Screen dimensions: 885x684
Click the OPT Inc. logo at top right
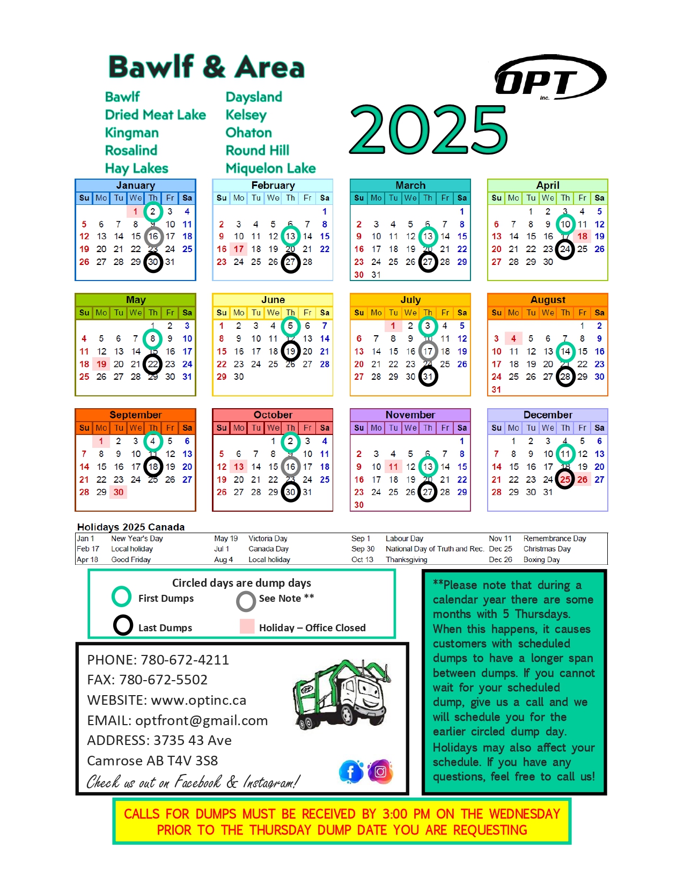click(x=550, y=78)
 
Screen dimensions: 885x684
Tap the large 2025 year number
click(x=428, y=130)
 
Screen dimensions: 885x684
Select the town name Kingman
click(x=132, y=132)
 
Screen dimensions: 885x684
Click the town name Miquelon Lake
click(x=270, y=168)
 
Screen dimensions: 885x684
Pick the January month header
click(x=136, y=185)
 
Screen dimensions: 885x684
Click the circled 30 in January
click(x=153, y=262)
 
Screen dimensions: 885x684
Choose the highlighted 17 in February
click(x=239, y=249)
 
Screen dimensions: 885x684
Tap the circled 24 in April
click(x=565, y=249)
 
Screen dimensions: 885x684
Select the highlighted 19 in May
click(x=101, y=364)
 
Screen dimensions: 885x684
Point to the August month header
click(x=548, y=300)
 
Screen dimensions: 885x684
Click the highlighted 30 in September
click(x=119, y=492)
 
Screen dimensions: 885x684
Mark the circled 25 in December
click(x=565, y=480)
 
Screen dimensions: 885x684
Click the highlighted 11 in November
click(x=393, y=467)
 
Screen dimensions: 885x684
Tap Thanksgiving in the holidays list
click(x=407, y=559)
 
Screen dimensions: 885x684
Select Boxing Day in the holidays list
click(x=541, y=559)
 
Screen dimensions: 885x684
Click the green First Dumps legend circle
click(x=122, y=596)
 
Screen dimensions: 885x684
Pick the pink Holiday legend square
click(x=247, y=626)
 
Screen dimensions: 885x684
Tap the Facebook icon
click(x=351, y=772)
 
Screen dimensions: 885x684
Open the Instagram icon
click(x=380, y=772)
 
